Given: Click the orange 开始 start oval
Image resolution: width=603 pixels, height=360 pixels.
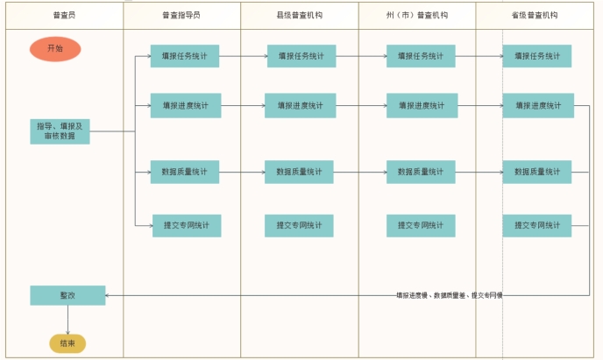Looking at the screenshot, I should coord(54,49).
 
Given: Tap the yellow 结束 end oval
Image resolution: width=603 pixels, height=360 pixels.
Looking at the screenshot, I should coord(67,343).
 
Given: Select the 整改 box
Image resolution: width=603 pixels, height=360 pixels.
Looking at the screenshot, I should coord(67,295).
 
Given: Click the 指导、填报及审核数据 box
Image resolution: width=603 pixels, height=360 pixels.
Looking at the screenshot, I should coord(60,131).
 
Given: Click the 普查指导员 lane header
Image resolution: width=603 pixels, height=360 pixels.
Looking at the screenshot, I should coord(181,16).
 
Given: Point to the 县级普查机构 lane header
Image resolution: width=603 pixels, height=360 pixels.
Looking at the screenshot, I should coord(299,16).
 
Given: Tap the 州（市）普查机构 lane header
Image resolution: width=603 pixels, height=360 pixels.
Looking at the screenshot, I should coord(417,16).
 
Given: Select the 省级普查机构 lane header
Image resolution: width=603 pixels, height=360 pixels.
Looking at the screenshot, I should coord(536,16).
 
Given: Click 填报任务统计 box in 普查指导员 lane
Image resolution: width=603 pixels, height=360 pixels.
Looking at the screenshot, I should coord(184,56).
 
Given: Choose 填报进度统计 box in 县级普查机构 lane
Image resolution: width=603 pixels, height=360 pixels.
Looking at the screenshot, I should coord(300,106).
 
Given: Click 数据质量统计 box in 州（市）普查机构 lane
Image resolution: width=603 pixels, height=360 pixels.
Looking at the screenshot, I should coord(421,172).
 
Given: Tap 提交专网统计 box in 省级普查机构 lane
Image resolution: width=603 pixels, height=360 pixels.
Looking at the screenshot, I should coord(536,225).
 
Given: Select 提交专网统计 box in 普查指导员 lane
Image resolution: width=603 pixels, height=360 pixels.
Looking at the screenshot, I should coord(186,225).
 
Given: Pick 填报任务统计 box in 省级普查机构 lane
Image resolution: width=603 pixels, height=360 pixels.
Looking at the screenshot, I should coord(536,56).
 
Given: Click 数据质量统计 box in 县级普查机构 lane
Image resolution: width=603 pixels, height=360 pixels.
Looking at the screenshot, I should coord(300,172).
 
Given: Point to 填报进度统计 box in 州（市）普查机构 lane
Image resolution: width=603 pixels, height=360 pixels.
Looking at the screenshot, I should coord(421,106).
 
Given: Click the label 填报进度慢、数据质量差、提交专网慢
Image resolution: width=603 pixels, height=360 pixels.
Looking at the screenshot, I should coord(449,295).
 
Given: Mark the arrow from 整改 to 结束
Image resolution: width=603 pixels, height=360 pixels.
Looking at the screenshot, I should coord(67,319).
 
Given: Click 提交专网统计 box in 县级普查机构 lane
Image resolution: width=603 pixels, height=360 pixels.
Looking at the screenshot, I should coord(300,225).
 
